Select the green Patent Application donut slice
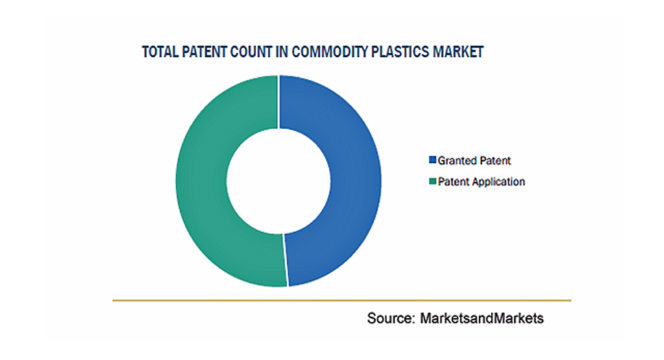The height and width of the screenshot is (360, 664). click(201, 182)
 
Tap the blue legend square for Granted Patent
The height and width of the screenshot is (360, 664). click(433, 160)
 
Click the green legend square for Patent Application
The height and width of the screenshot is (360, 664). click(433, 181)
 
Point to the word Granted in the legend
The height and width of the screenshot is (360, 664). click(456, 160)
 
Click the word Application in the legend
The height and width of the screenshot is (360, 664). click(499, 182)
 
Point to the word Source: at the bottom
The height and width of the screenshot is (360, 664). click(391, 318)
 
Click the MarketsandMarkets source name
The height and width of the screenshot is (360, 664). click(482, 318)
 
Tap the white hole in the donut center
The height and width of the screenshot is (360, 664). click(278, 181)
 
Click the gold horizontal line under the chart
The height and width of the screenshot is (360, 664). click(342, 300)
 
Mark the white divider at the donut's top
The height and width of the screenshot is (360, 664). click(278, 102)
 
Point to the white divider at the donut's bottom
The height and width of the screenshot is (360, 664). click(285, 261)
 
